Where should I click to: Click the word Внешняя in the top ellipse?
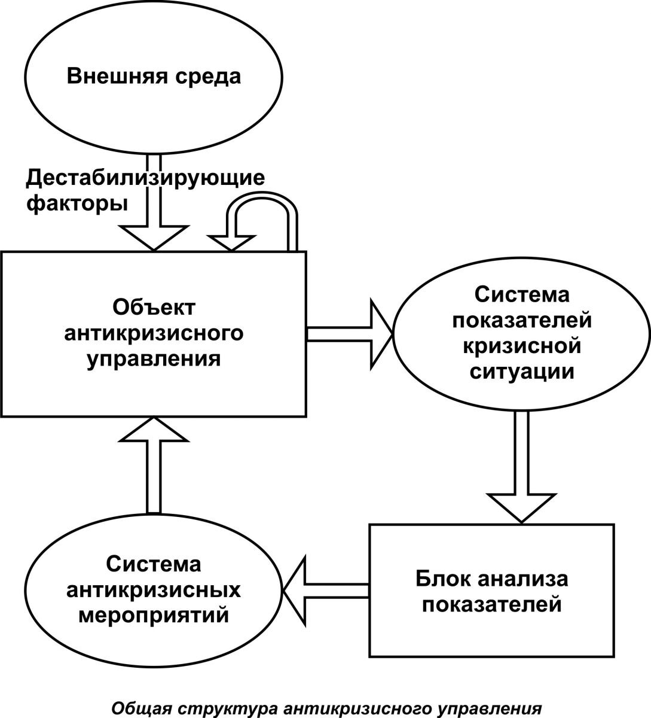117,76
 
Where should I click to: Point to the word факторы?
77,205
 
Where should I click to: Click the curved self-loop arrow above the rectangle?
262,196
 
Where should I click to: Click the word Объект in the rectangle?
154,308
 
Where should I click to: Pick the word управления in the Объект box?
154,359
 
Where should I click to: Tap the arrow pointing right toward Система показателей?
350,334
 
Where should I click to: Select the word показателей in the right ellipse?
522,320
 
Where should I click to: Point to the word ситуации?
522,373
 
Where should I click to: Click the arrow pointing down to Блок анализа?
521,467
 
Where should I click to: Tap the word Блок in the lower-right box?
443,579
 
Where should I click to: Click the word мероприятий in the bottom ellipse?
154,616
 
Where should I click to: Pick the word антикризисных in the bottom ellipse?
154,589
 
